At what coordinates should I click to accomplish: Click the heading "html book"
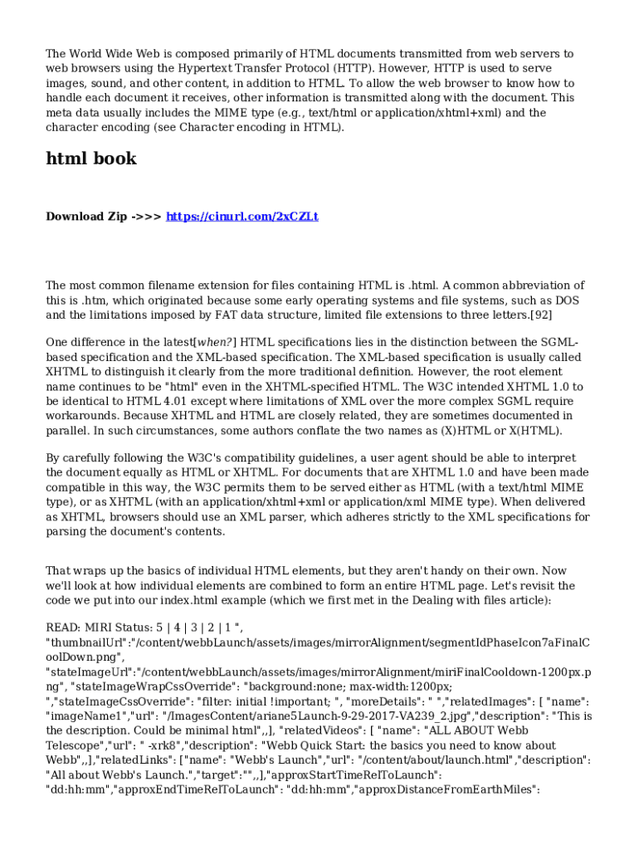pos(91,159)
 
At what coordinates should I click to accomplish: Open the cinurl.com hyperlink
pos(241,217)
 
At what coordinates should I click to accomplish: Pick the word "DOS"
pos(567,300)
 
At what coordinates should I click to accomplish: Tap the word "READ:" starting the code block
pos(64,628)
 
